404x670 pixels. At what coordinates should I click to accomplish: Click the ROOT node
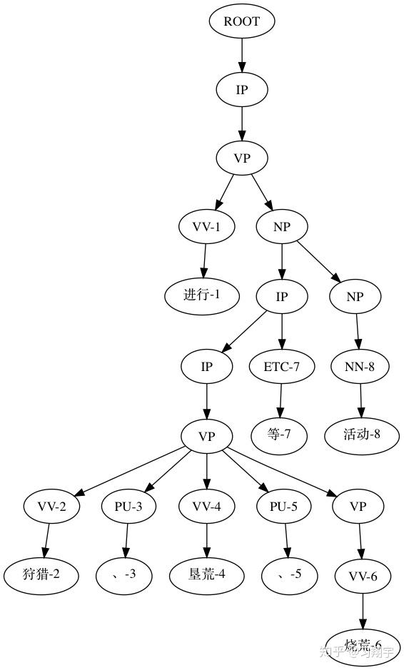[x=242, y=21]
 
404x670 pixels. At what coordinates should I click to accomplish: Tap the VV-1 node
[x=206, y=227]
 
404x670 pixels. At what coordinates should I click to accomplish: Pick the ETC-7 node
[x=281, y=367]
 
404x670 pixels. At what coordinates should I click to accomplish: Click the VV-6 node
[x=363, y=576]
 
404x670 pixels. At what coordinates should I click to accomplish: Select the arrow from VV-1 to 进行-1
[x=204, y=261]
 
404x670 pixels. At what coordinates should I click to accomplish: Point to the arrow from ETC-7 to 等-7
[x=280, y=400]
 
